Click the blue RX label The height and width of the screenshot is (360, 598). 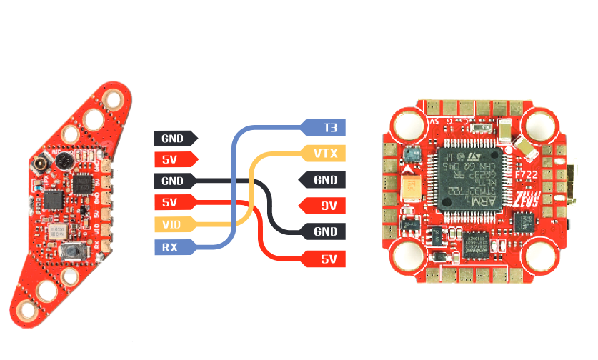170,247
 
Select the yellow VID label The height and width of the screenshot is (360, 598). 172,224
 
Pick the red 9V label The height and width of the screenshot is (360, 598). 326,206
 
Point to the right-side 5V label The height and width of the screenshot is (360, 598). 326,258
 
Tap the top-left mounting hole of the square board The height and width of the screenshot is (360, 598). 404,126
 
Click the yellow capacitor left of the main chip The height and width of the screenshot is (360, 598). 414,187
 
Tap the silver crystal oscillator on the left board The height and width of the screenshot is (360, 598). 57,231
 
